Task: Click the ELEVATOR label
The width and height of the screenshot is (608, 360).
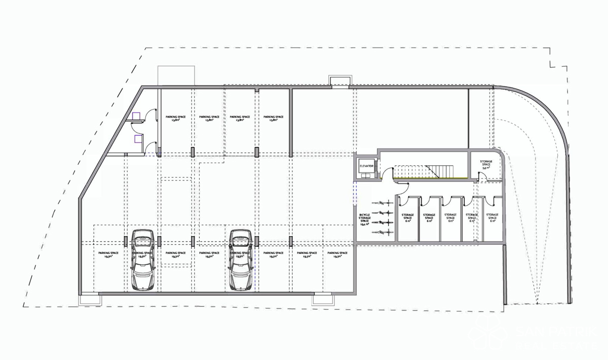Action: point(366,166)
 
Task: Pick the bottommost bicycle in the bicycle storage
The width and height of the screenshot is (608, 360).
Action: point(383,232)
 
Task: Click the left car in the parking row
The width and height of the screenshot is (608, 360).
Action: point(143,260)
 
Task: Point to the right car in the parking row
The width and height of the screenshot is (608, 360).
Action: point(240,260)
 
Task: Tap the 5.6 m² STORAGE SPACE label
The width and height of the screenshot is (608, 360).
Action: point(485,164)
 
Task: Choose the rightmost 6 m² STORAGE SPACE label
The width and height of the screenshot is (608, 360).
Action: point(492,218)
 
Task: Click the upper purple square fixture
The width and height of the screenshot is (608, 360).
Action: point(136,116)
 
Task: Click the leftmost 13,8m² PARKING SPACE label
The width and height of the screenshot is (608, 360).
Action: point(176,119)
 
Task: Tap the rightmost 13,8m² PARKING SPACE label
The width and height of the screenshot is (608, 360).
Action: point(274,119)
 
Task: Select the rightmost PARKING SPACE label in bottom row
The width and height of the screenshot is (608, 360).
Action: point(337,255)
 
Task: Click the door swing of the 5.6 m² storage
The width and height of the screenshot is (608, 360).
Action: point(483,177)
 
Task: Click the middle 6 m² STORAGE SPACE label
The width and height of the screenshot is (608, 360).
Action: point(450,218)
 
